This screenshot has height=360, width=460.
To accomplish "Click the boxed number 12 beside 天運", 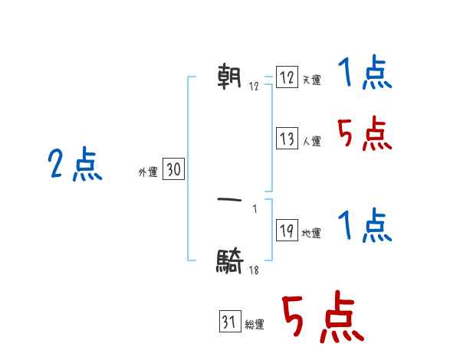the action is point(287,78).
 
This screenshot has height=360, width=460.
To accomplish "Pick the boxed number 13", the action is point(287,139).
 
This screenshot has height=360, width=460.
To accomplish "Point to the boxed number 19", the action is point(287,231).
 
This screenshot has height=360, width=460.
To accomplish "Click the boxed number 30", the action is point(173,170).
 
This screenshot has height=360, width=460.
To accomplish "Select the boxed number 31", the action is point(229,322).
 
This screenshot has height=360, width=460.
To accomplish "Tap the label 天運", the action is point(312,80).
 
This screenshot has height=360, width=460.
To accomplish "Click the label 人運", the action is point(312,142).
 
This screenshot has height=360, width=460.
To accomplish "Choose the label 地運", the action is point(311,234).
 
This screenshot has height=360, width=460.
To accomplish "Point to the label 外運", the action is point(147,172).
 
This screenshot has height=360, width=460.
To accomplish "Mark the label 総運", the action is point(255,325).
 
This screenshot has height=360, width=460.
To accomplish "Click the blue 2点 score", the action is point(75,165).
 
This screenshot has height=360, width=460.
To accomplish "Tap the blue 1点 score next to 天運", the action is point(364,75).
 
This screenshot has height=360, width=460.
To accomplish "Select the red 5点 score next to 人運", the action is point(364,136).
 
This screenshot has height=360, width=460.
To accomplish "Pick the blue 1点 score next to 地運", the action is point(364,227).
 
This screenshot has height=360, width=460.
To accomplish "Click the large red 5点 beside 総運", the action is point(322,318).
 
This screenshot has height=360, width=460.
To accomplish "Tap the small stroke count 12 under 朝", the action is point(254,87).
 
